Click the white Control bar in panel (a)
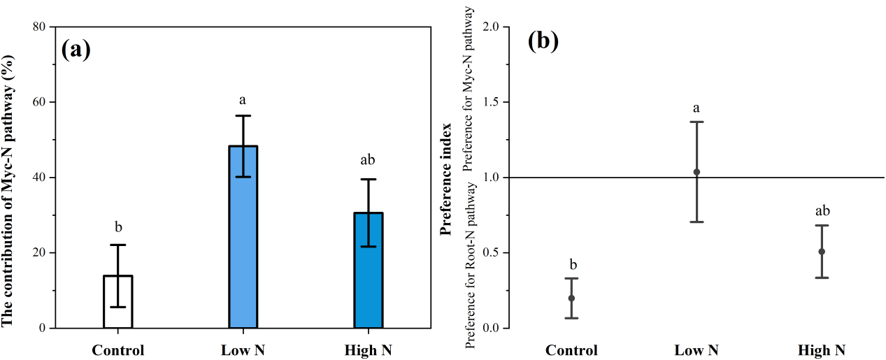tap(118, 301)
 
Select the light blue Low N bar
tap(243, 237)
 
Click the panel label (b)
tap(543, 42)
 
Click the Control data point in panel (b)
tap(571, 298)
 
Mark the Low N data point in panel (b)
tap(696, 172)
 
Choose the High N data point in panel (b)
tap(822, 252)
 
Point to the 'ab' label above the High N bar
tap(368, 160)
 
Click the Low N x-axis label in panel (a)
tap(243, 350)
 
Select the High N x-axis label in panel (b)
tap(822, 350)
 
